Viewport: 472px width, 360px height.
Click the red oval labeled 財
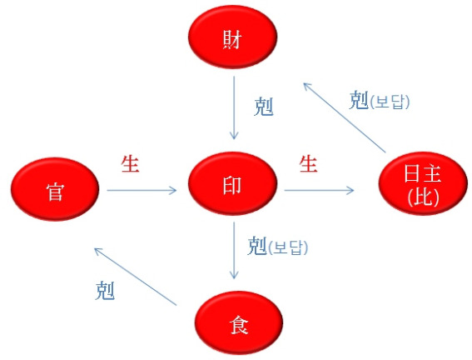tap(233, 37)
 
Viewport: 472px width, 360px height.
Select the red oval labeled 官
tap(55, 189)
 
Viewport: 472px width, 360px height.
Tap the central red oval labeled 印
tap(233, 183)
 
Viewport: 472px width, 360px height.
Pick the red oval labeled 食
tap(239, 322)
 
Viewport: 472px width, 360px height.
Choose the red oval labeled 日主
tap(423, 183)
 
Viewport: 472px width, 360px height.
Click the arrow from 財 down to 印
tap(234, 107)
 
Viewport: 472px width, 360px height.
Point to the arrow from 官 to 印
tap(142, 190)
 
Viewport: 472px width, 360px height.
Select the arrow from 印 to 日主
tap(319, 190)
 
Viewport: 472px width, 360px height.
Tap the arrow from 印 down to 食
tap(234, 250)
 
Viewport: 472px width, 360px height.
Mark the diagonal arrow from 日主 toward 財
tap(345, 117)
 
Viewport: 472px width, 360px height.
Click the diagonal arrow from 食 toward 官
tap(135, 277)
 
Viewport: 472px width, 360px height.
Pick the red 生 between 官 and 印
tap(130, 164)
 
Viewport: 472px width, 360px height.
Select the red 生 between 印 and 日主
tap(308, 164)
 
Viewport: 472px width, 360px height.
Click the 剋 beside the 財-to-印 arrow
tap(264, 107)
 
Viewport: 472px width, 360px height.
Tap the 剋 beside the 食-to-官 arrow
tap(105, 290)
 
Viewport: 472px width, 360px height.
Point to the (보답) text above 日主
tap(390, 102)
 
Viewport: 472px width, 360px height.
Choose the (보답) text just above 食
tap(288, 247)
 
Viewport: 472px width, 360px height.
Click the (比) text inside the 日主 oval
tap(423, 197)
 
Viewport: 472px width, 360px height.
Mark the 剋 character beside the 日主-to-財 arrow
tap(359, 100)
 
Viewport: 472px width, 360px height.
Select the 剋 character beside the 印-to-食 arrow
tap(257, 246)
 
